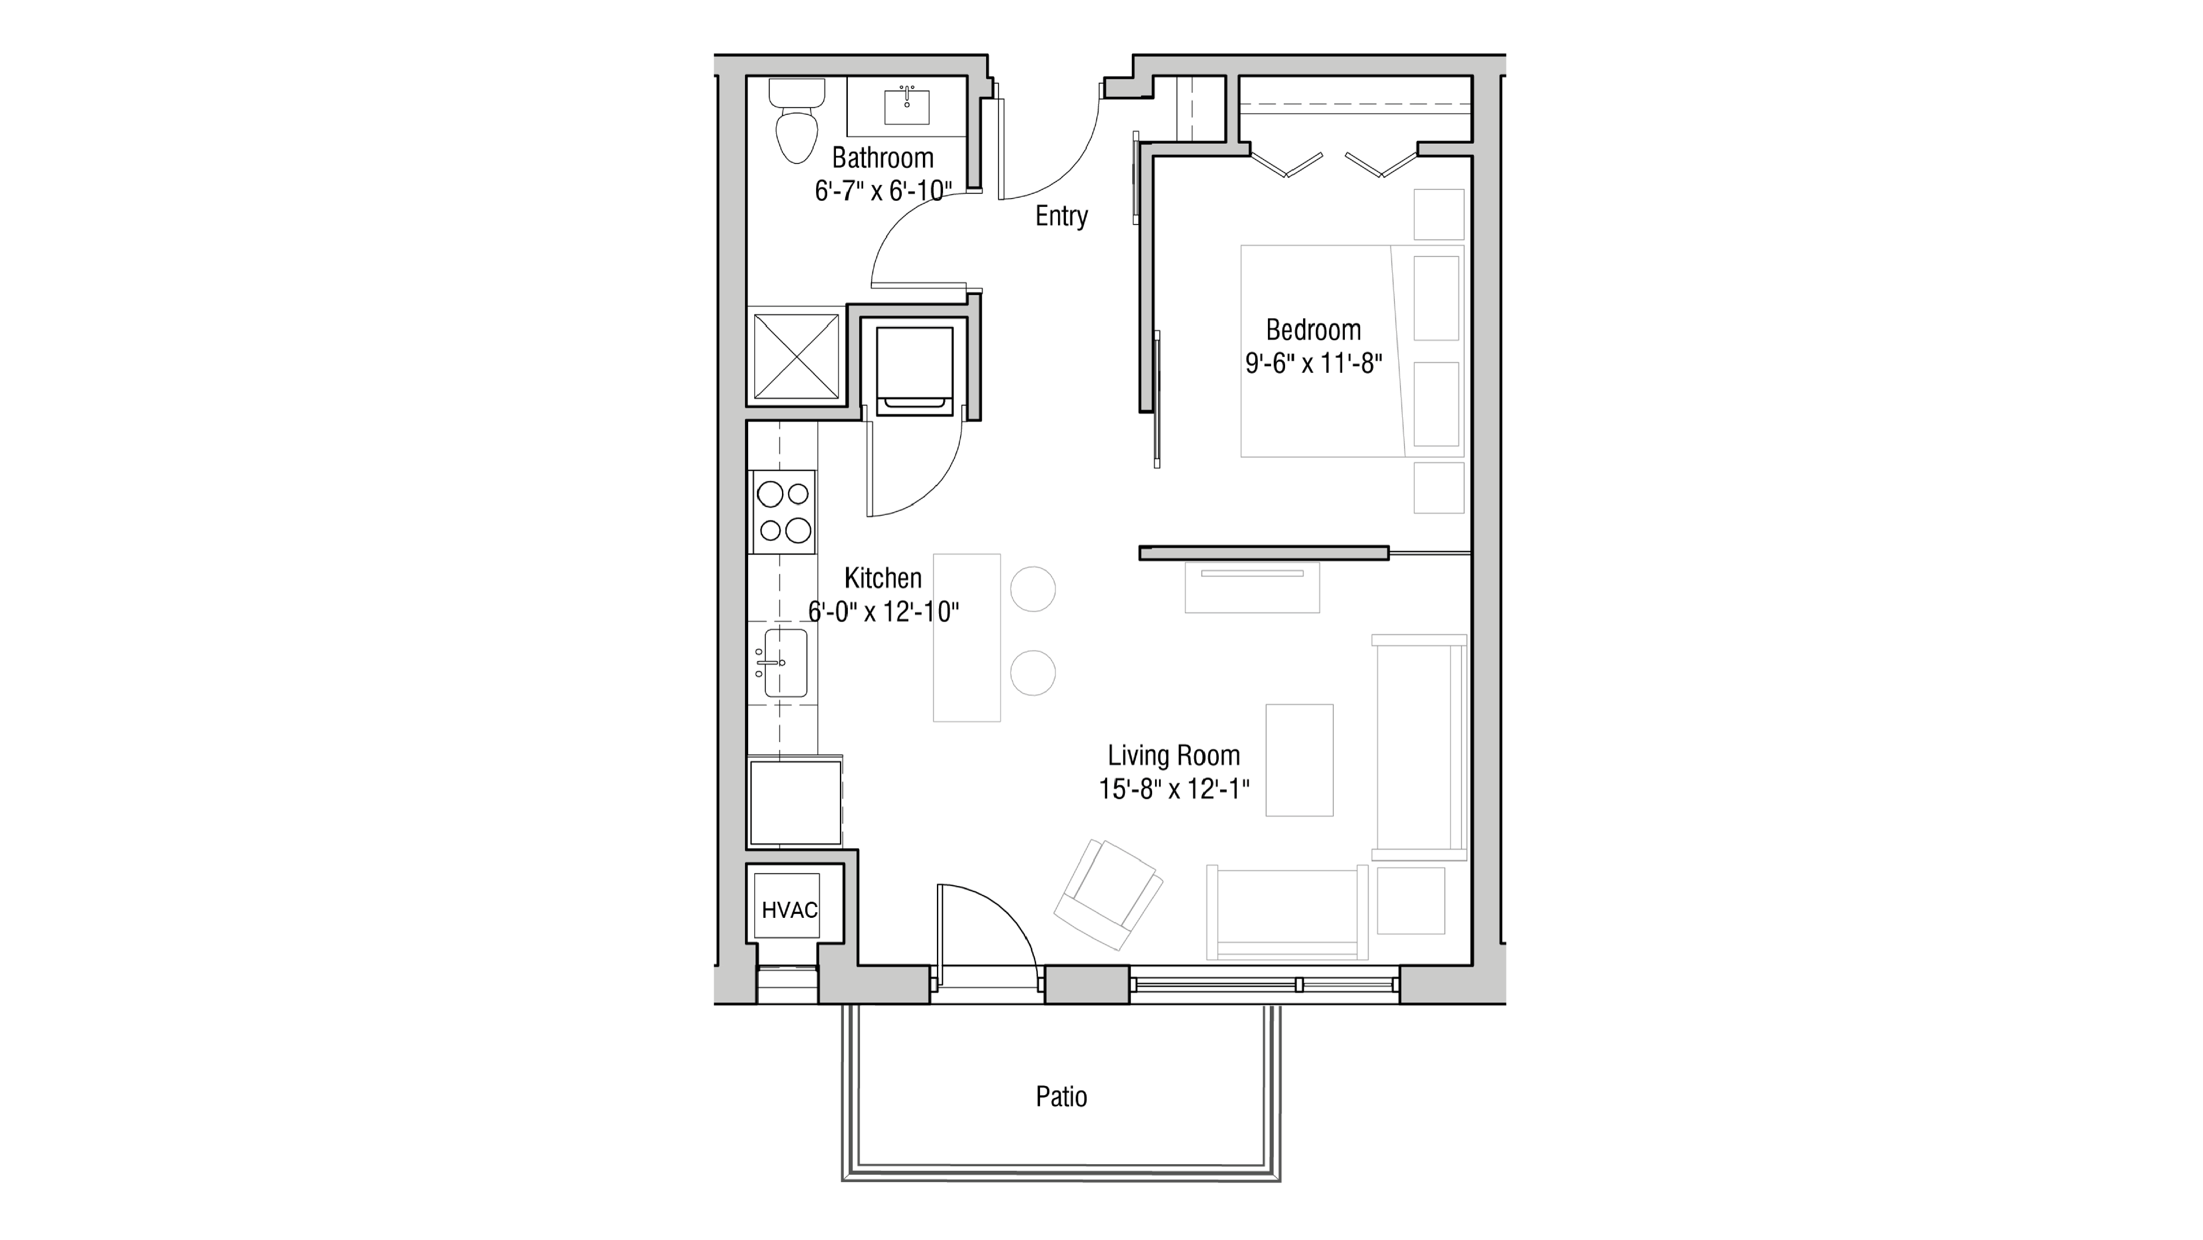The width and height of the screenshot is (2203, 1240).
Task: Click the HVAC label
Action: click(789, 910)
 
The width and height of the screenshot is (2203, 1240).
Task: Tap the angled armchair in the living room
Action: click(1108, 894)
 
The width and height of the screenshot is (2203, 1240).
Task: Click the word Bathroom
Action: click(882, 158)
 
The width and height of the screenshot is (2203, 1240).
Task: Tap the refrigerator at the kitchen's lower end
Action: click(794, 802)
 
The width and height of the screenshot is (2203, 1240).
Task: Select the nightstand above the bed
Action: click(1438, 214)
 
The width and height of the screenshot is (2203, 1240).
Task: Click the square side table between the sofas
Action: click(1410, 900)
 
